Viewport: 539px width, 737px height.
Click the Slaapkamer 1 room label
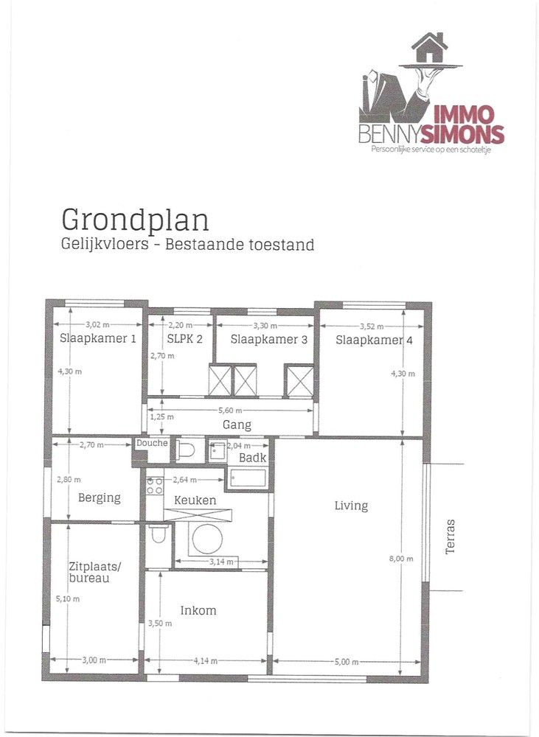98,339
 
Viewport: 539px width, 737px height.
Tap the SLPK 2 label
179,340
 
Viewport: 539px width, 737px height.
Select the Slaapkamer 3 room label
268,340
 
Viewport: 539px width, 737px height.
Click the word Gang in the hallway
237,425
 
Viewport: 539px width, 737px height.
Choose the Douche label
152,443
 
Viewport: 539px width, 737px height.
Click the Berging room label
99,497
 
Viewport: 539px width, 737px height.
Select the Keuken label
195,500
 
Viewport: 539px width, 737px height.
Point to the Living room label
351,506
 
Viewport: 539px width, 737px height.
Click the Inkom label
198,610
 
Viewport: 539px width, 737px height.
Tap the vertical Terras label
451,536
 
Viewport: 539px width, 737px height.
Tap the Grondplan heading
135,220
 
